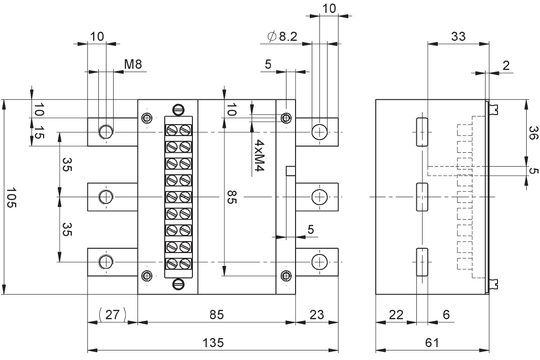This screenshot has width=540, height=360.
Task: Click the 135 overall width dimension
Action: coord(213,343)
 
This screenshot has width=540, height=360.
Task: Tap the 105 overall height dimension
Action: coord(11,198)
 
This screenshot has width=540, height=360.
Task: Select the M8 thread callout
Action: coord(133,64)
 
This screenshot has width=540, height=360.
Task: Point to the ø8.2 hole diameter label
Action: coord(282,36)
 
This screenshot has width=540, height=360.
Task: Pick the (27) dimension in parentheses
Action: coord(112,315)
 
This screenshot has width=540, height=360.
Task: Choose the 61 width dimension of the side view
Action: coord(432,343)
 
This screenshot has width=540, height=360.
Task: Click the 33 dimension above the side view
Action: coord(458,36)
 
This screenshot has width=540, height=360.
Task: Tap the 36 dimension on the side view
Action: coord(533,133)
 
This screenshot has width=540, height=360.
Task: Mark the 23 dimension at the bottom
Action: coord(317,315)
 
